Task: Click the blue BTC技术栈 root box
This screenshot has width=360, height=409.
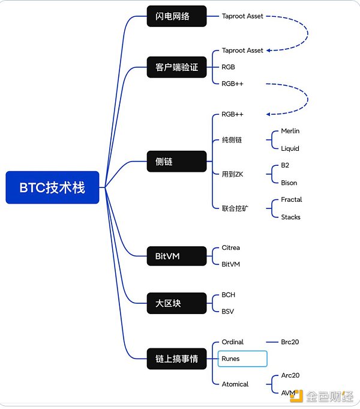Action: (52, 187)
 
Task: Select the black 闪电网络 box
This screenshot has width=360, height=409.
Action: (177, 16)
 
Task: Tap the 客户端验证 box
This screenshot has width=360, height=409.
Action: (177, 67)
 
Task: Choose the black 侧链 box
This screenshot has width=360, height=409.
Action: (177, 161)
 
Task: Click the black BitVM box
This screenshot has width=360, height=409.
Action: (177, 256)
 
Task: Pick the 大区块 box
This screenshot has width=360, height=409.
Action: (177, 303)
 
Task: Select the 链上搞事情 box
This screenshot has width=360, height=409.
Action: (177, 359)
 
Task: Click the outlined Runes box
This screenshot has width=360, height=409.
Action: (242, 359)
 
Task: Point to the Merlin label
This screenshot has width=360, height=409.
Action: (290, 131)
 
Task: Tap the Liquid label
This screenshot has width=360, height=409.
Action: (290, 148)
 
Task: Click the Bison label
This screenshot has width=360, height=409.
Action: (289, 183)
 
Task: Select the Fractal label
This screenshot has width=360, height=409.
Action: (292, 199)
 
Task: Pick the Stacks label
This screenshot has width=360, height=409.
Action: (291, 217)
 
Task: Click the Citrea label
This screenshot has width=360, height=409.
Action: (231, 247)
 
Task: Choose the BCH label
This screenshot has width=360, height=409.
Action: (229, 295)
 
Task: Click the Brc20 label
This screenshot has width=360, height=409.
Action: (290, 342)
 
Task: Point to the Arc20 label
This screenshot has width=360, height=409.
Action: (290, 375)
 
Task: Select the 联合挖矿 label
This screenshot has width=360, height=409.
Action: (234, 208)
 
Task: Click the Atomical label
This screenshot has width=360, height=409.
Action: (235, 384)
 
